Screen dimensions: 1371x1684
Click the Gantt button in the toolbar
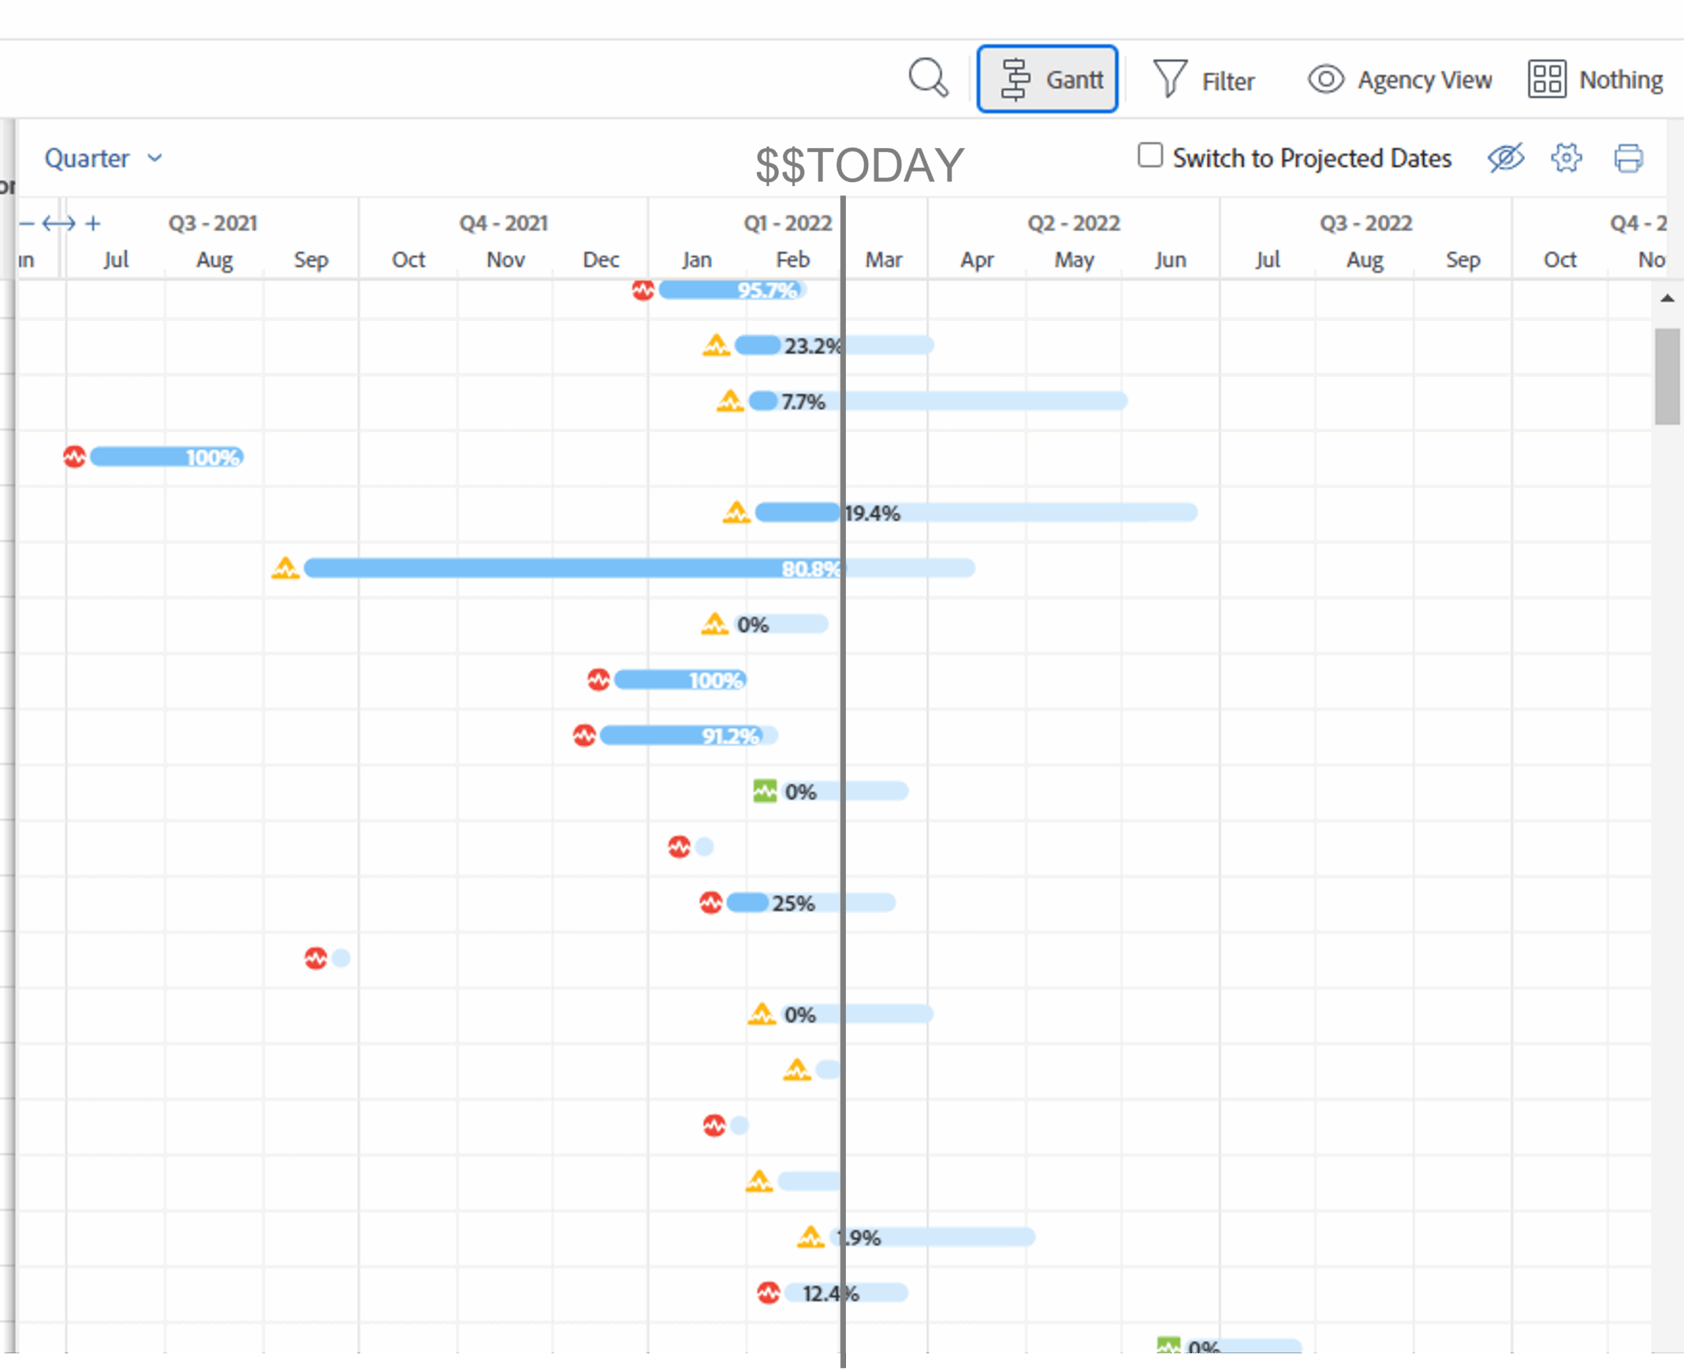(x=1047, y=79)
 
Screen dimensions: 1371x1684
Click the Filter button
(x=1204, y=80)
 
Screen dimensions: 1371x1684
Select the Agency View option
(x=1400, y=79)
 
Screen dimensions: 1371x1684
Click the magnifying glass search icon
(x=928, y=78)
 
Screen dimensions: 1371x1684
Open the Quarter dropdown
(x=103, y=158)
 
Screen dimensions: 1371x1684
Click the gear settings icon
(x=1566, y=157)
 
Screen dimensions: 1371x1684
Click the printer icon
(x=1628, y=158)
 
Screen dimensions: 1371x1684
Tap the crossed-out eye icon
(x=1506, y=157)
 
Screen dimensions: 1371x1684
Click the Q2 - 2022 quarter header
(x=1074, y=223)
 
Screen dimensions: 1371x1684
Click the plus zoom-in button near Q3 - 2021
(x=93, y=224)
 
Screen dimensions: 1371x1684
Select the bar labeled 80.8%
(x=553, y=568)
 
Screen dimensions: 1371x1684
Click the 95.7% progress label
(x=766, y=291)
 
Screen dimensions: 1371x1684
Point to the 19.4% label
(x=872, y=514)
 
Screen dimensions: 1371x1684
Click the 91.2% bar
(x=680, y=736)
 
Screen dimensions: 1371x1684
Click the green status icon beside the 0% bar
(x=764, y=790)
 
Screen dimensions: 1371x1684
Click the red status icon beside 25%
(x=710, y=902)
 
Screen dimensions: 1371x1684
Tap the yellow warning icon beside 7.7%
(x=730, y=401)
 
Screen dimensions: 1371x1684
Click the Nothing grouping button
(x=1596, y=79)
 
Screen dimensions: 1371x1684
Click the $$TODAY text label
(x=859, y=165)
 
